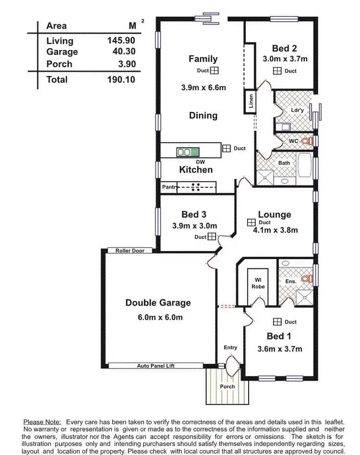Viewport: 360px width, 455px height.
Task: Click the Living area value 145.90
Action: [x=121, y=41]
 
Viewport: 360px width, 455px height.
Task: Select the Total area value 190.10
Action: [x=121, y=80]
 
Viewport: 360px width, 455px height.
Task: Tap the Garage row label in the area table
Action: [x=62, y=52]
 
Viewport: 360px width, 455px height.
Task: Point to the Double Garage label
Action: [x=158, y=302]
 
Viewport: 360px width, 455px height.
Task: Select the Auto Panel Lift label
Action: [x=156, y=366]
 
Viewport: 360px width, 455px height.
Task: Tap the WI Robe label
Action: [x=258, y=283]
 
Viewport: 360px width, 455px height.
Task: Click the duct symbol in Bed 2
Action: [x=277, y=71]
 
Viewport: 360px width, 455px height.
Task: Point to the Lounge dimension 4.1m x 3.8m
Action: [x=276, y=230]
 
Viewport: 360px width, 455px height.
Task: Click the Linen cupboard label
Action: [x=251, y=101]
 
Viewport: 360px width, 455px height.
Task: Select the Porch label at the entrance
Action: [x=228, y=386]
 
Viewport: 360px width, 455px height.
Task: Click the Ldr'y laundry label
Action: [x=298, y=110]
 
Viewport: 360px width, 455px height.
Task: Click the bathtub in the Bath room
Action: [x=304, y=166]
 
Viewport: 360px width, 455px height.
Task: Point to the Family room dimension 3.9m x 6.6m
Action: [x=203, y=87]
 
